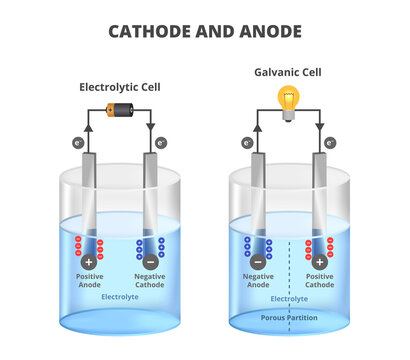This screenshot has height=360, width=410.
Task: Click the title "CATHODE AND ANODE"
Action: [204, 31]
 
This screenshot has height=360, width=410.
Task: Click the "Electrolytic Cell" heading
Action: [120, 87]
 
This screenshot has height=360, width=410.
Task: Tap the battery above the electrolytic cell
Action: [120, 111]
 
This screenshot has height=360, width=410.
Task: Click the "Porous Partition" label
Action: [288, 320]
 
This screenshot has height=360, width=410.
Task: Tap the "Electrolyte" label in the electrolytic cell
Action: [120, 297]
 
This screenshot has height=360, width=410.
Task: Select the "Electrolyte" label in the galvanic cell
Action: [288, 298]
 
